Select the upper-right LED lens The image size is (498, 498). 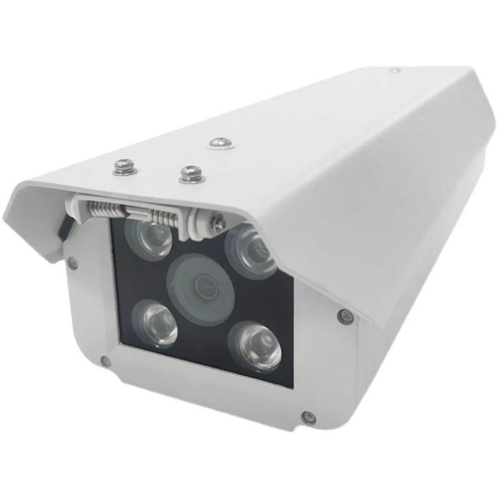pos(252,250)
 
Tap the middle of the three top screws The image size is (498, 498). pos(191,173)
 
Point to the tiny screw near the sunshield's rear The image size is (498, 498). pos(395,69)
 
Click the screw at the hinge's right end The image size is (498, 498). pos(219,224)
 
